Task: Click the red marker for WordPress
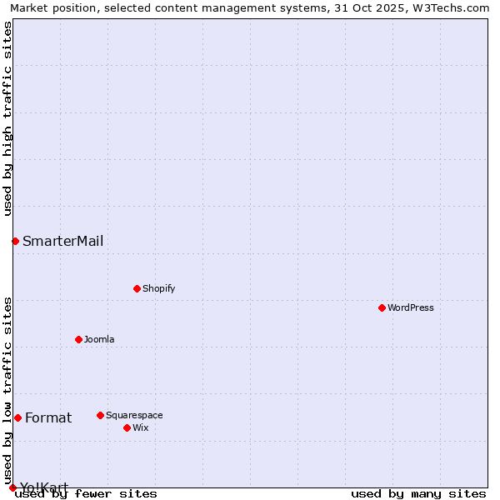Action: (382, 307)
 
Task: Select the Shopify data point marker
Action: (137, 288)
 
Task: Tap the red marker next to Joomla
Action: (78, 339)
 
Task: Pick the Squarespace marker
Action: (100, 415)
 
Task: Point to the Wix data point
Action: (127, 427)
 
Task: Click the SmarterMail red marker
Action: (15, 241)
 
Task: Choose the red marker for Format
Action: (17, 417)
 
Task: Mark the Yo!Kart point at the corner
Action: (12, 487)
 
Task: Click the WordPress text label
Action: (411, 307)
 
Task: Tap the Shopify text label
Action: (158, 288)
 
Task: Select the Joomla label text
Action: (99, 339)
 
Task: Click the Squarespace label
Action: (134, 415)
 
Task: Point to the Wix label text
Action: (140, 427)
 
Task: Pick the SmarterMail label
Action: (62, 242)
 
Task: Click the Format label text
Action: (48, 418)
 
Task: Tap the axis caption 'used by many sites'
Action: (418, 494)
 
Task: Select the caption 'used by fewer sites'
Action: (86, 494)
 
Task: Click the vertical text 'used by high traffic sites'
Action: (7, 118)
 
